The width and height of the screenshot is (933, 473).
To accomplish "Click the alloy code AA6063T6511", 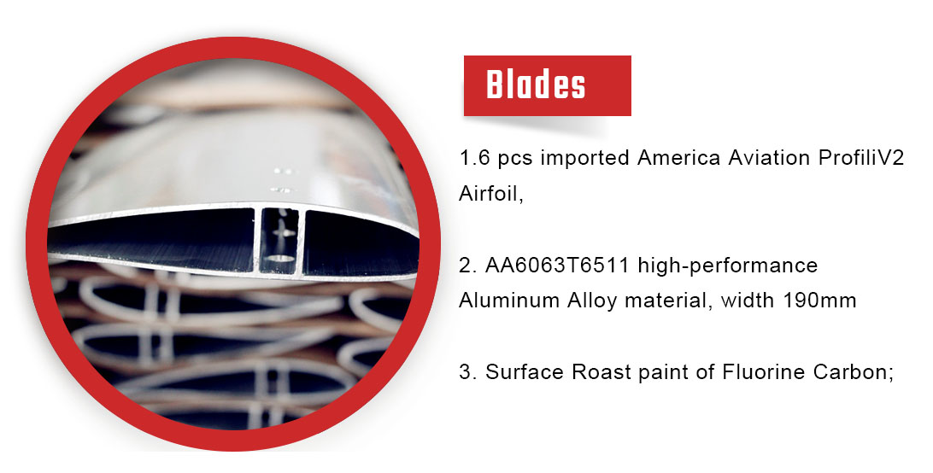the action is tap(557, 265).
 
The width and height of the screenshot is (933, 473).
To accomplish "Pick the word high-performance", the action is tap(728, 266).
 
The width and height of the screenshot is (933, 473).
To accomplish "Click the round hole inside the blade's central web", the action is tap(280, 258).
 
